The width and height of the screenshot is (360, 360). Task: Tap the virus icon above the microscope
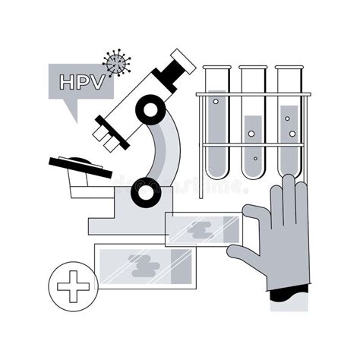[x=116, y=62]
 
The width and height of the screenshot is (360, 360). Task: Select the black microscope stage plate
[x=80, y=164]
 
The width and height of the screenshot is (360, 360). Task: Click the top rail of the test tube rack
[x=252, y=95]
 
